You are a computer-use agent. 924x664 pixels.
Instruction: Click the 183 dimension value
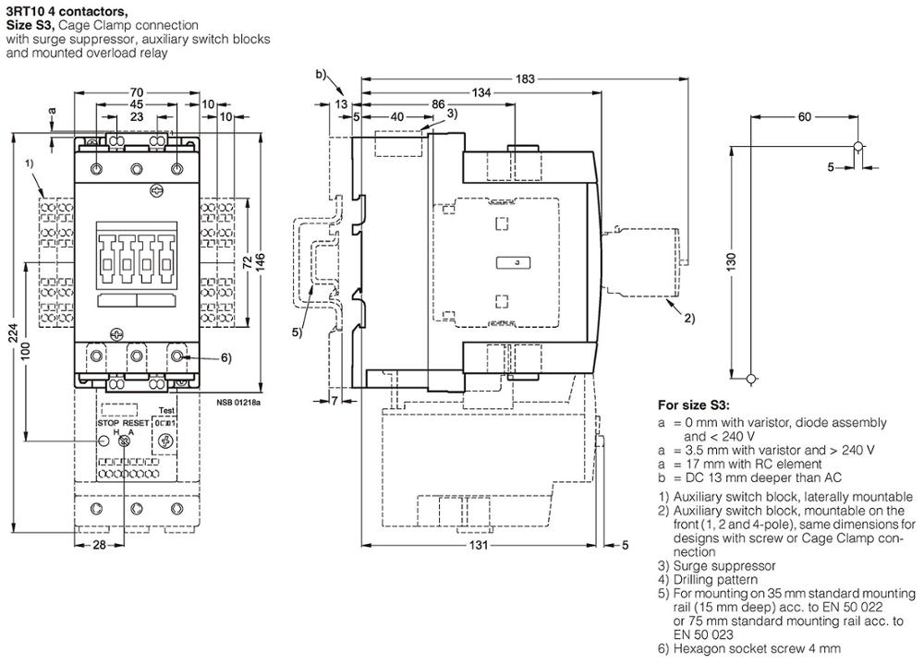point(525,79)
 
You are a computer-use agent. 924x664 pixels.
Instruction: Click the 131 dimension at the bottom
point(474,546)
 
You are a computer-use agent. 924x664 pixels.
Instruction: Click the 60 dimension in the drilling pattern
point(803,116)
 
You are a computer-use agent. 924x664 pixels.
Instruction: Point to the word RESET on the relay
point(137,422)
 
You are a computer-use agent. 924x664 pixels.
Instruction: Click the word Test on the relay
point(166,411)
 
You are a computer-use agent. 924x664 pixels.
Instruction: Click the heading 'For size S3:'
point(693,404)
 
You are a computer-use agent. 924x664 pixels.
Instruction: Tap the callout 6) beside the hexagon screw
point(200,357)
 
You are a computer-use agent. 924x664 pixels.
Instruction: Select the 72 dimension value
point(246,263)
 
